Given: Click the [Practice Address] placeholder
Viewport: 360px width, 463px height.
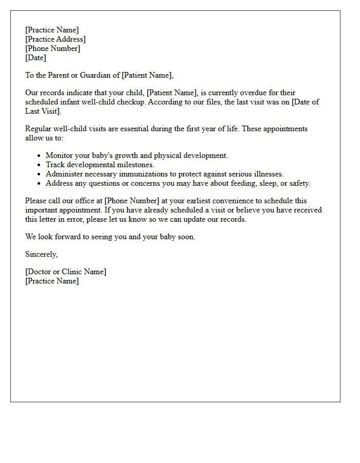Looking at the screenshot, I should tap(56, 39).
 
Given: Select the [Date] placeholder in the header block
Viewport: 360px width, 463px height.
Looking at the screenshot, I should tap(35, 58).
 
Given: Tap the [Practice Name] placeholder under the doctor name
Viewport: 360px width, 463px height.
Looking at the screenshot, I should tap(52, 281).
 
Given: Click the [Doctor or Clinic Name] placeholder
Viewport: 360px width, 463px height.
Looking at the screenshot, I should tap(66, 272).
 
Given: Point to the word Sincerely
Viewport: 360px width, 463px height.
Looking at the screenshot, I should tap(42, 254).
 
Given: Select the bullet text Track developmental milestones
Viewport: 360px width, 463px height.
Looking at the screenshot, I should tap(100, 165).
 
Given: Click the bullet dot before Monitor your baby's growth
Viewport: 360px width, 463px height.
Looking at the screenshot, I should tap(40, 156).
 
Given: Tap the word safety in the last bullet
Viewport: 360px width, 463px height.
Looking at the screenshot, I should tap(300, 183).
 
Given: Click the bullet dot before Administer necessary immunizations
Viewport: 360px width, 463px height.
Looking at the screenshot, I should tap(40, 174).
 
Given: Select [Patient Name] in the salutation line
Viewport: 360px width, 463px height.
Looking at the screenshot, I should tap(147, 75).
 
